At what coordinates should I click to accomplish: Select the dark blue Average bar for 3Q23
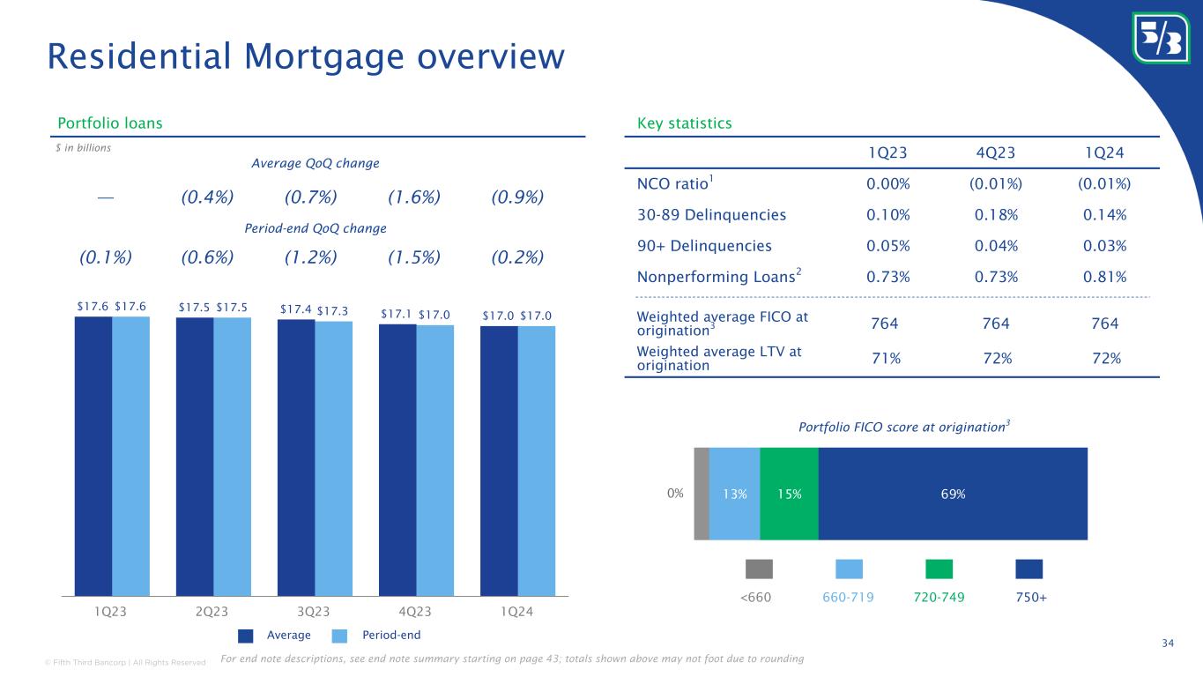(296, 458)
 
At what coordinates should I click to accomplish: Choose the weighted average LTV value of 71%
(884, 358)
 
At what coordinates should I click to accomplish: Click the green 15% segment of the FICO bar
(789, 494)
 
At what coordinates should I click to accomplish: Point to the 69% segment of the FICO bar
(953, 494)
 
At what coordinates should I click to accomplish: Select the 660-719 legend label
(849, 598)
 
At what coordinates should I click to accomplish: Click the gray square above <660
(759, 569)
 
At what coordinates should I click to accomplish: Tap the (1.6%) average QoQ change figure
(414, 196)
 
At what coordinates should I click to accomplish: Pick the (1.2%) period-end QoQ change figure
(311, 257)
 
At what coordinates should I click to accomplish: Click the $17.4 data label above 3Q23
(295, 309)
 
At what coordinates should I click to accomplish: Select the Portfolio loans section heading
(109, 123)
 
